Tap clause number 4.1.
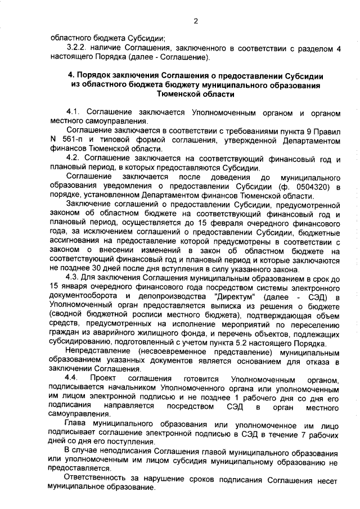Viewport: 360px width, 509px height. click(74, 114)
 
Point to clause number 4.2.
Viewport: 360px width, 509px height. click(74, 159)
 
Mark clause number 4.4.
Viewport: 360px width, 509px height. click(74, 378)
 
